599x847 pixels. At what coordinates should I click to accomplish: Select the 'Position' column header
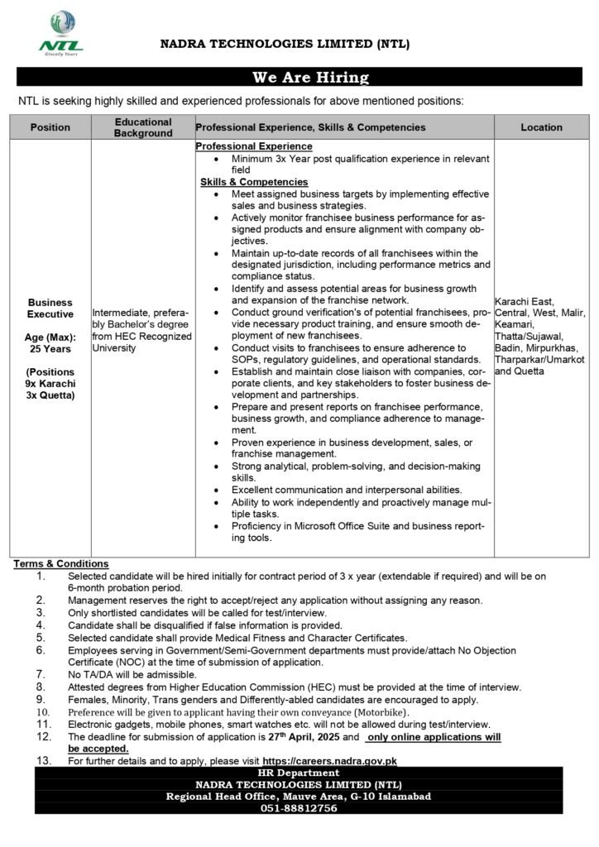point(50,127)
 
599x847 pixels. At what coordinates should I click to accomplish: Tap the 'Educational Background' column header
point(143,127)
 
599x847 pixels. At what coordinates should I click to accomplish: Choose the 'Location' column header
point(541,127)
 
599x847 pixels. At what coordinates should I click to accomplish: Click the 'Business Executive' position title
point(50,309)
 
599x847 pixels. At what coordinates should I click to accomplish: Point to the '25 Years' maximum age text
point(50,349)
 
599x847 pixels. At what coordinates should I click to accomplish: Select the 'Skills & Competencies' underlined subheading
point(253,181)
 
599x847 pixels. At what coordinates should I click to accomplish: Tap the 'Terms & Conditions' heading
point(61,563)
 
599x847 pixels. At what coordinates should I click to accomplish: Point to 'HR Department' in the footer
point(299,772)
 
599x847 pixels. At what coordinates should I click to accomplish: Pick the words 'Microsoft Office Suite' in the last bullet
point(333,526)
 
